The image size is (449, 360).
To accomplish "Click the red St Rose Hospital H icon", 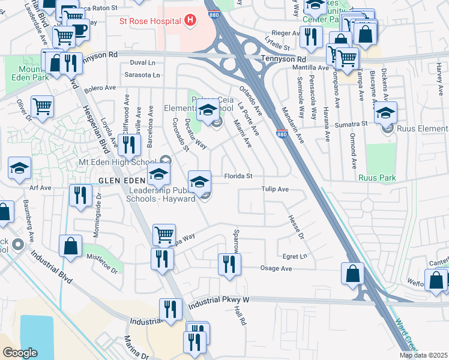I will [x=190, y=22].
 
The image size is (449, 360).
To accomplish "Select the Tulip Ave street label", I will [x=275, y=189].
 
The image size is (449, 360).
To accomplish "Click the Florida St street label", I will [x=238, y=176].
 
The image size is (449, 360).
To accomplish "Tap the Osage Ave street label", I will [x=276, y=269].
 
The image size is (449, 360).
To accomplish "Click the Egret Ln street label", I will [x=295, y=256].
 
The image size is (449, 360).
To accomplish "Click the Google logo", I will [x=20, y=353].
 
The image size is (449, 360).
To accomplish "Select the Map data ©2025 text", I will [x=423, y=355].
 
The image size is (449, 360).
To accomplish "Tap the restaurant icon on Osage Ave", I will [x=229, y=264].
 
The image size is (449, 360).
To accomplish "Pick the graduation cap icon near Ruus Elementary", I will [x=385, y=113].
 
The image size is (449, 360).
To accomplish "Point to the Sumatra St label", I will [x=351, y=123].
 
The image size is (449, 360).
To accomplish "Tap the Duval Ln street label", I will [x=142, y=62].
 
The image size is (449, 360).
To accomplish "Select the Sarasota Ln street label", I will [x=142, y=75].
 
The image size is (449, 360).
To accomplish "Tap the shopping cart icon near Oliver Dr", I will [x=42, y=107].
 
